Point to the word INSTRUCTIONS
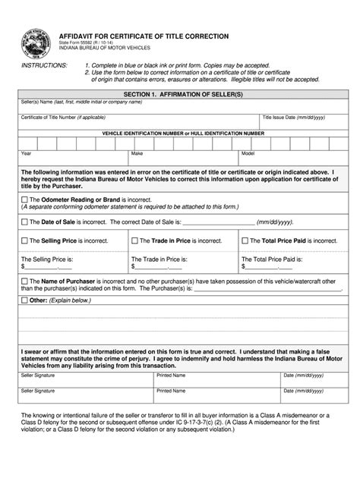pos(43,66)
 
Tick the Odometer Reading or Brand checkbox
pos(24,200)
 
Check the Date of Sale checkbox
pos(24,222)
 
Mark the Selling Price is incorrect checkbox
pos(24,241)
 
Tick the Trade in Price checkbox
pos(134,241)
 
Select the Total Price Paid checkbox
pos(245,241)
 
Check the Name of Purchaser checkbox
pos(24,281)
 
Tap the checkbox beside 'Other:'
pos(24,300)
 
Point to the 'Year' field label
pos(27,153)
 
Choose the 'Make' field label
pos(137,153)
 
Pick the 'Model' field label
pos(248,153)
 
